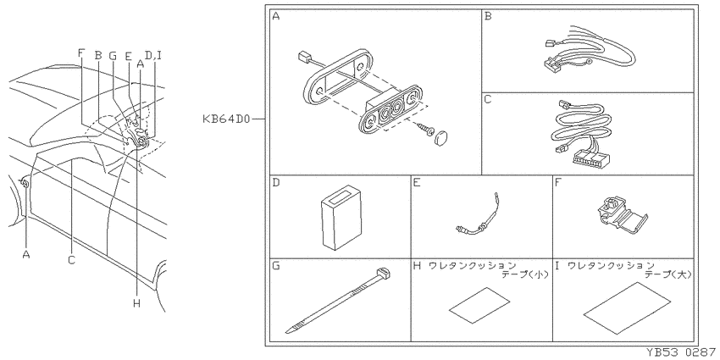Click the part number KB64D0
coord(226,119)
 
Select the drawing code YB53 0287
coord(680,353)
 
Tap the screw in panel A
coord(425,128)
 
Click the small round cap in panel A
coord(441,137)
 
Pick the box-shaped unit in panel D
coord(341,217)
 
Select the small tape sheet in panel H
coord(479,305)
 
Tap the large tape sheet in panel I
coord(627,307)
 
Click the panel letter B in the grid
coord(488,17)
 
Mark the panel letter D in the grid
coord(276,183)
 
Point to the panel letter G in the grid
coord(276,266)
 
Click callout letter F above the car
coord(81,53)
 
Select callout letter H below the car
coord(136,303)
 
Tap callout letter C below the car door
coord(71,260)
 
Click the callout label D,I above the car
coord(153,56)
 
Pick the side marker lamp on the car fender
coord(25,184)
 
